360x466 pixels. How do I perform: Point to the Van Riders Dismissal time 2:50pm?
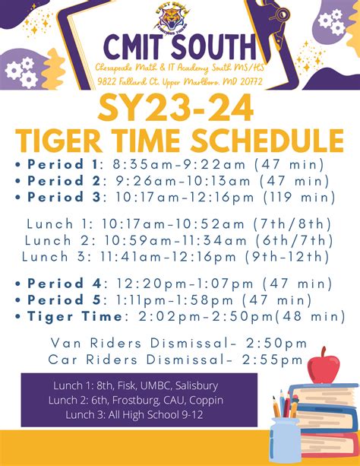(x=278, y=343)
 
